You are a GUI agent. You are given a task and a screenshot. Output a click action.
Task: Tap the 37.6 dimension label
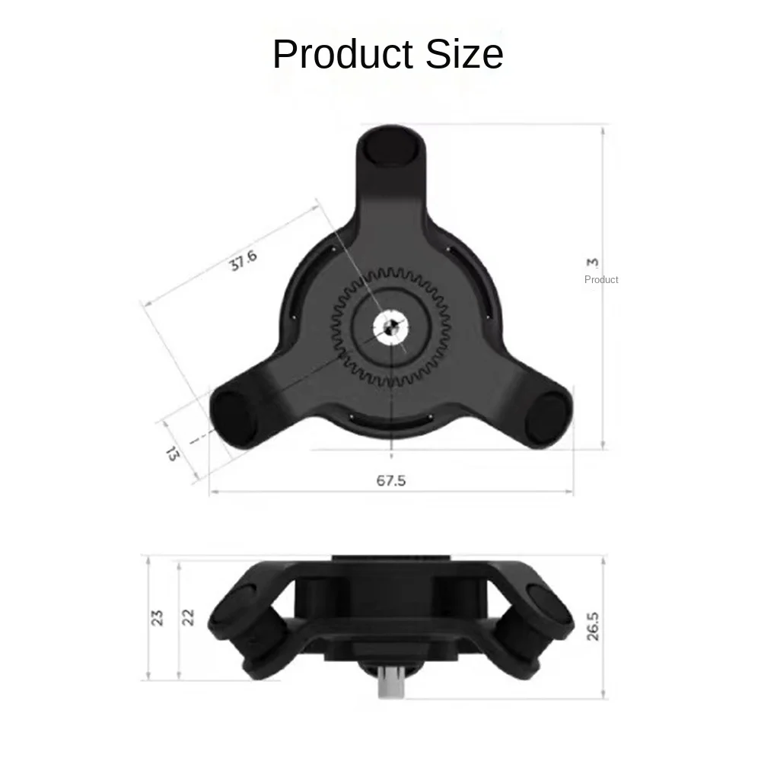[244, 261]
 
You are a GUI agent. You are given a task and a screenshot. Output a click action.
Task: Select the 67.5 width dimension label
[391, 481]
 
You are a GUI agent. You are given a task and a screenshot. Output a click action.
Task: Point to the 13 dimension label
[171, 454]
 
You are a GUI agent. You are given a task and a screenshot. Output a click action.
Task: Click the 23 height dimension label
[158, 617]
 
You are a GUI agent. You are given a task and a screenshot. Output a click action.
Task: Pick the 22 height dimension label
[188, 617]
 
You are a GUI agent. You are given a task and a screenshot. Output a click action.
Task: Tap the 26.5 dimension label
[593, 623]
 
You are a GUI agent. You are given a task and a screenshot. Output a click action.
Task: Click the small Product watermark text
[601, 279]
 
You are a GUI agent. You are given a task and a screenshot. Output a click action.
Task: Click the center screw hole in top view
[390, 328]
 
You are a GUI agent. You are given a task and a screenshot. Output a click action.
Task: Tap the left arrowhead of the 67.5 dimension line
[213, 492]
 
